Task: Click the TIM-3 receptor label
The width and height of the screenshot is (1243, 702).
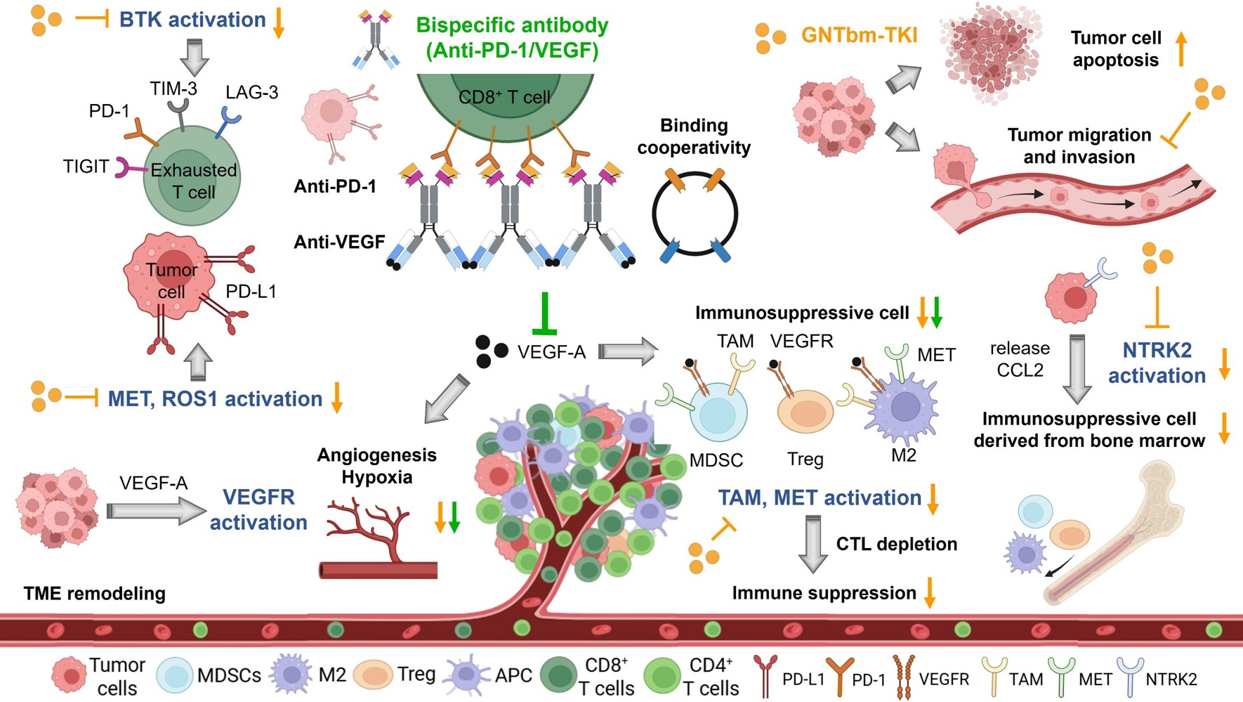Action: pos(173,89)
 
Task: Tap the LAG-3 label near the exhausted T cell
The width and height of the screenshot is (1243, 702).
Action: pos(251,92)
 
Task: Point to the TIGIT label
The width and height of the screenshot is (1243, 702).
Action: pos(86,167)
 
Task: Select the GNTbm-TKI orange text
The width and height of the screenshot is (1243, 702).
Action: pos(859,35)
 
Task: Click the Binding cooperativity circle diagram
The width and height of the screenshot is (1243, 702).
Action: pos(695,214)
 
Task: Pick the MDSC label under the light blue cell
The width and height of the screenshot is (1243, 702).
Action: pos(716,460)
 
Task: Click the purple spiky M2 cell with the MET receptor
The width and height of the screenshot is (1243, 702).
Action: pos(905,407)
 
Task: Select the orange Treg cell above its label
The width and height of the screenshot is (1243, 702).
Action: pos(805,411)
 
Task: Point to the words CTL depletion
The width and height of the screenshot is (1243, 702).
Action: pos(896,544)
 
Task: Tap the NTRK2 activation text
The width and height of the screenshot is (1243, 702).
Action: pos(1157,363)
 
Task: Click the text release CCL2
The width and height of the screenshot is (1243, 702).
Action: pos(1020,359)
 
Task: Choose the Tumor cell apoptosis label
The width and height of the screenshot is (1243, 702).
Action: pos(1115,48)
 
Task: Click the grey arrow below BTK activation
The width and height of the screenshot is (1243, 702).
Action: pos(195,56)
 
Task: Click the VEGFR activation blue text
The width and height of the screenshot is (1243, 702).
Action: pos(258,509)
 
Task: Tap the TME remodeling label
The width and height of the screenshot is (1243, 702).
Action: pos(95,593)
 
